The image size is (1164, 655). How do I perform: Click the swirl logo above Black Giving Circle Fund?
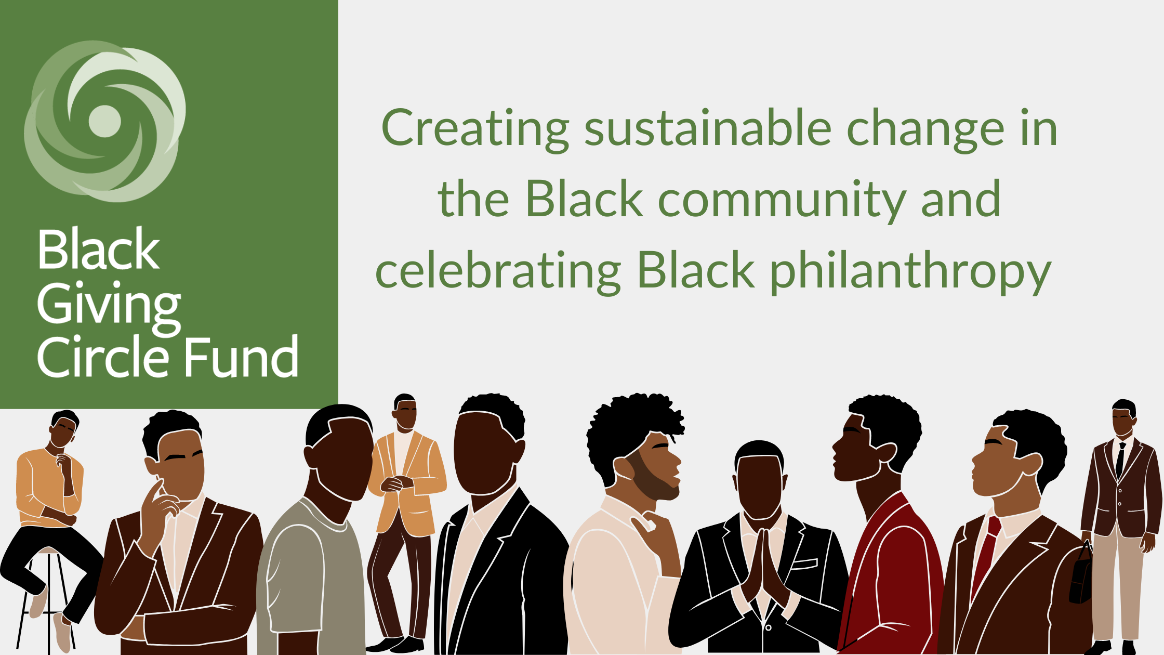point(105,121)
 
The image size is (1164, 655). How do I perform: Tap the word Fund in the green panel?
point(242,356)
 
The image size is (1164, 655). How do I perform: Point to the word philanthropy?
point(910,272)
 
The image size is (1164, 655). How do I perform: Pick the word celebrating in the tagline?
point(498,272)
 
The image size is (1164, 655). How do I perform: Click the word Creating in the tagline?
point(475,129)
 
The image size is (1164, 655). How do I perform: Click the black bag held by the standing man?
point(1081,574)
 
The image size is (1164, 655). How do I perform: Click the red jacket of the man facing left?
point(891,577)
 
